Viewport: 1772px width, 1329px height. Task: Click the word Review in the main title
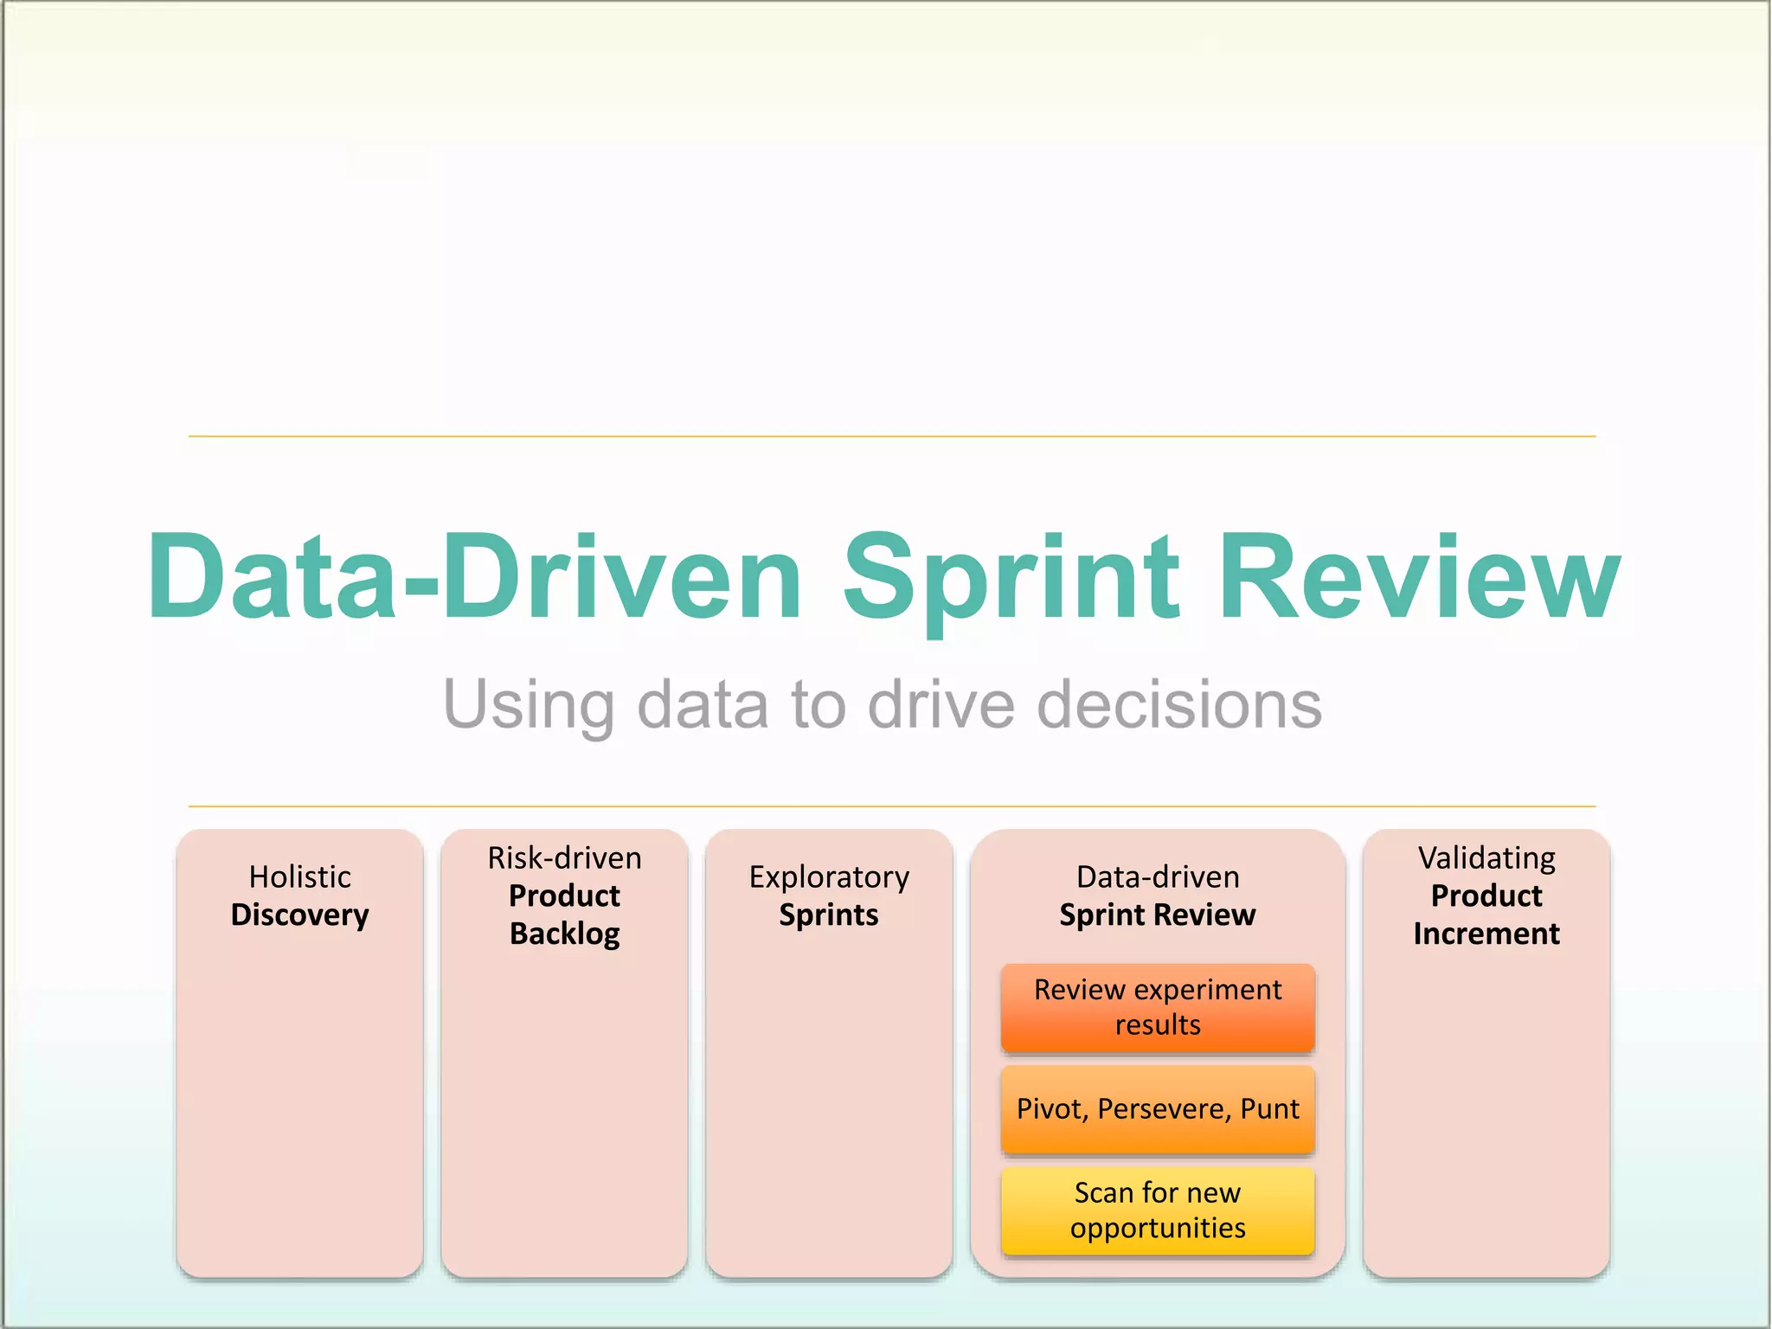point(1419,578)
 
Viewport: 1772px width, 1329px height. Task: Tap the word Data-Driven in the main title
point(474,578)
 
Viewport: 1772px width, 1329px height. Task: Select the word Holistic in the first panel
point(299,876)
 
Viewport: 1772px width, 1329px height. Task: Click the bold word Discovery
point(299,915)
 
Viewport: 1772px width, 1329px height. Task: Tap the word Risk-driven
point(564,857)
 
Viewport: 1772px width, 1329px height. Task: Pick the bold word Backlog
point(564,934)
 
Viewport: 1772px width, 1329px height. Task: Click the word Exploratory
point(829,876)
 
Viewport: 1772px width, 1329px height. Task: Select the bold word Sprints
point(829,915)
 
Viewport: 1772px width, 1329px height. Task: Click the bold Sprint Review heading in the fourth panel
point(1157,915)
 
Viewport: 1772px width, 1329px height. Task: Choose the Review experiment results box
point(1157,1007)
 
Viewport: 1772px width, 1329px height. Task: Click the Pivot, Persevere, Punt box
point(1157,1109)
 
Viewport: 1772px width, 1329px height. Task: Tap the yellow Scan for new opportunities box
point(1157,1210)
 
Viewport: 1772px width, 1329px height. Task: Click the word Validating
point(1486,857)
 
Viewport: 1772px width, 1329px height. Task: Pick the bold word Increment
point(1486,934)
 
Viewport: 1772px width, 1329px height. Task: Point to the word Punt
point(1269,1109)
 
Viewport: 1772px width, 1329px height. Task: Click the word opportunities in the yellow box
point(1157,1228)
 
